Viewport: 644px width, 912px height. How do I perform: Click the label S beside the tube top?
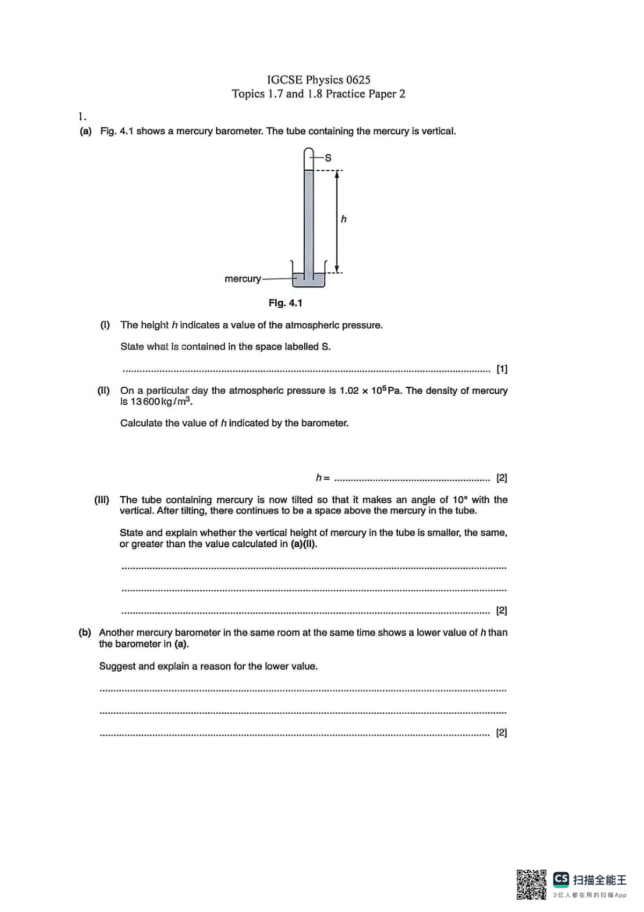pyautogui.click(x=328, y=158)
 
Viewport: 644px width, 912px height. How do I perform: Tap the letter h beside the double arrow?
pyautogui.click(x=343, y=219)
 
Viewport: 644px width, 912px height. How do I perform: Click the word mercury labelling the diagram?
pyautogui.click(x=243, y=279)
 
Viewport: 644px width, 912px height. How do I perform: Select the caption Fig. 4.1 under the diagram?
pyautogui.click(x=285, y=303)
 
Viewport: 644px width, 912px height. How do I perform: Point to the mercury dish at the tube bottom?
pyautogui.click(x=309, y=279)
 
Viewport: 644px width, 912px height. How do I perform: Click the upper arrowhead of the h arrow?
pyautogui.click(x=337, y=175)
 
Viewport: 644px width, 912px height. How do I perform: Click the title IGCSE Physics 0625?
pyautogui.click(x=319, y=80)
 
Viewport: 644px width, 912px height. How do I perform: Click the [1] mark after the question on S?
pyautogui.click(x=502, y=369)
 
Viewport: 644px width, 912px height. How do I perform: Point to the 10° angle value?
pyautogui.click(x=460, y=500)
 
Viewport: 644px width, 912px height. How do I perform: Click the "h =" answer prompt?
pyautogui.click(x=323, y=477)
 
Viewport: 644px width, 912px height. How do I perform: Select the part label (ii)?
pyautogui.click(x=103, y=390)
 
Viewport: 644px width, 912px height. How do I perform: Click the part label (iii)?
pyautogui.click(x=101, y=500)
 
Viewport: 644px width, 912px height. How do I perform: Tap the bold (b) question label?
pyautogui.click(x=85, y=633)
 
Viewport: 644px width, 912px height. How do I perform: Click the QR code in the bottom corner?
pyautogui.click(x=531, y=884)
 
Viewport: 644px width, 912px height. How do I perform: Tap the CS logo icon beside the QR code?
pyautogui.click(x=561, y=879)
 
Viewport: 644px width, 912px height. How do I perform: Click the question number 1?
pyautogui.click(x=82, y=117)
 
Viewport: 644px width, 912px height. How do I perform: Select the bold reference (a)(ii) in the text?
pyautogui.click(x=304, y=544)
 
